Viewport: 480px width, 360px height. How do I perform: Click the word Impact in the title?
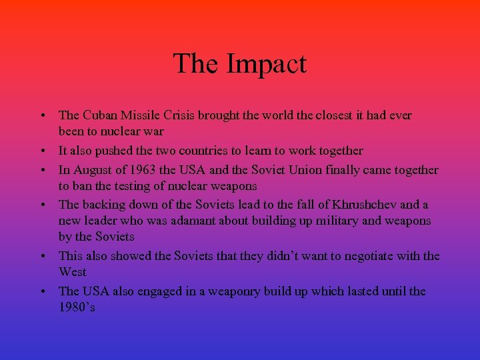click(x=266, y=64)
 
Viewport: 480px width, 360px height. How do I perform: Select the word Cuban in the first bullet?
click(x=101, y=115)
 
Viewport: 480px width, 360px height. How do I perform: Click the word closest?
click(x=318, y=115)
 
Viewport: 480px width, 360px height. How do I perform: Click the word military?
click(x=340, y=221)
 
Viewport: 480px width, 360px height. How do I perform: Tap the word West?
click(x=73, y=272)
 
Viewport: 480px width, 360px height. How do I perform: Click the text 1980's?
click(x=77, y=307)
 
